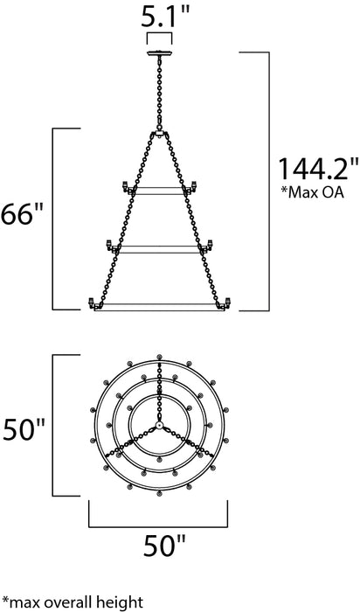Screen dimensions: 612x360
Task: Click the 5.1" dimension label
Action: click(x=160, y=15)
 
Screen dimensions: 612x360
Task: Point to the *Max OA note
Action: click(x=305, y=191)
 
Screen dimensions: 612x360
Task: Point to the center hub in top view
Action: click(x=160, y=425)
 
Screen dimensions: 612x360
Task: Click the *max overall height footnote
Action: click(x=73, y=602)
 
